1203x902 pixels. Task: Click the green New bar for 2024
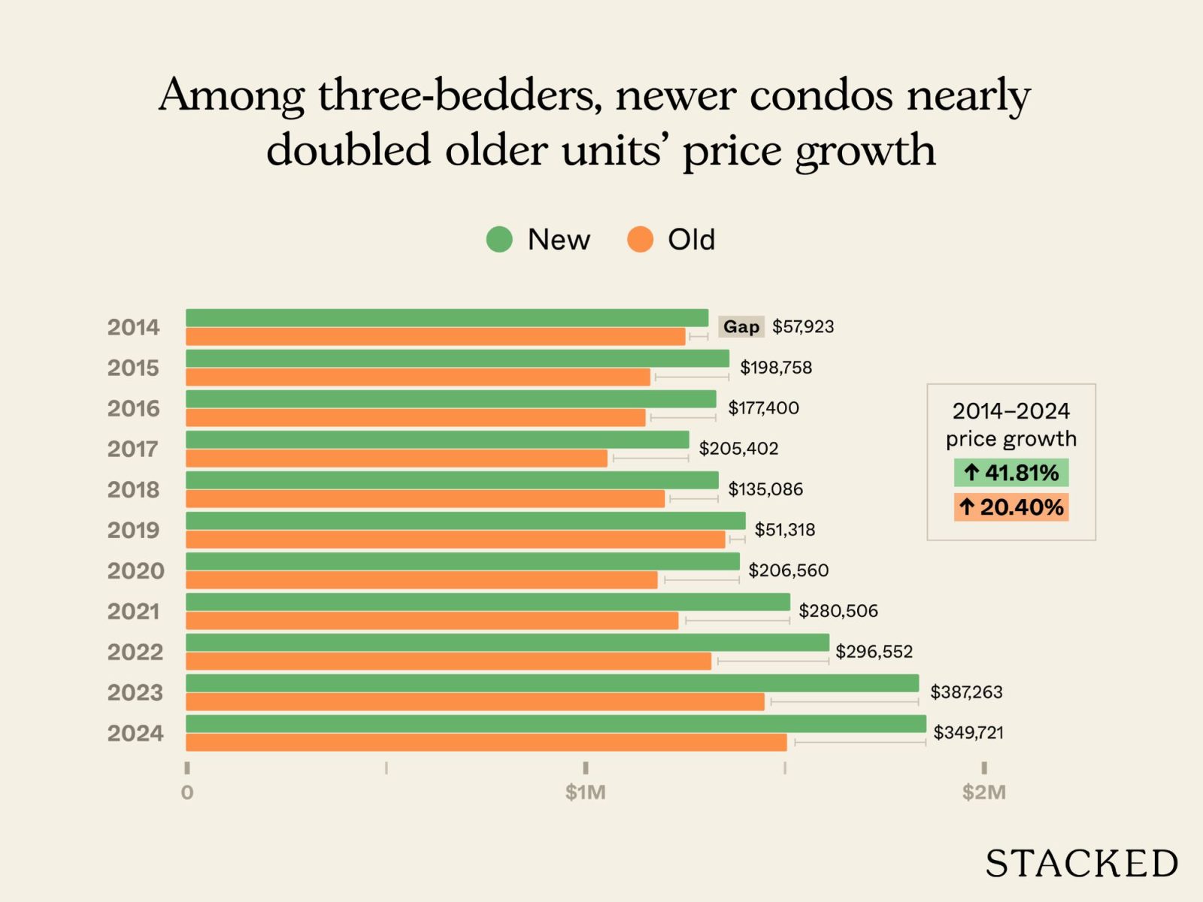coord(556,724)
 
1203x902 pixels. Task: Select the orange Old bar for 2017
coord(396,459)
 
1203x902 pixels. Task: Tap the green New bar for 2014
coord(447,318)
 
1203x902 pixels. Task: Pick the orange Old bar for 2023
coord(475,702)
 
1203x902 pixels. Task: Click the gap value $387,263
coord(966,692)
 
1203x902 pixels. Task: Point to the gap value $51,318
coord(785,530)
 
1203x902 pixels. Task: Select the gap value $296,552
coord(874,652)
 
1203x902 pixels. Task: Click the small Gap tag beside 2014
coord(741,327)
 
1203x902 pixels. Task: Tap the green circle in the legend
coord(499,240)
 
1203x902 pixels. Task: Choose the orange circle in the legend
coord(640,240)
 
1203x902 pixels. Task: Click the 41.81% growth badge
coord(1011,473)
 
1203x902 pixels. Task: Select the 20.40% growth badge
coord(1011,507)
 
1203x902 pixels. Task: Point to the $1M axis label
coord(586,792)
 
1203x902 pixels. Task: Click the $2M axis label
coord(983,792)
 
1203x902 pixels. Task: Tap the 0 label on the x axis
coord(187,792)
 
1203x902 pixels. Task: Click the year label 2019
coord(134,531)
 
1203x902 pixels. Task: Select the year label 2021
coord(134,612)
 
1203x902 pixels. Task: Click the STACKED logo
coord(1081,864)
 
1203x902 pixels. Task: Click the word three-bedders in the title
coord(459,96)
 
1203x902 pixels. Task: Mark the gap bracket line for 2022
coord(773,661)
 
